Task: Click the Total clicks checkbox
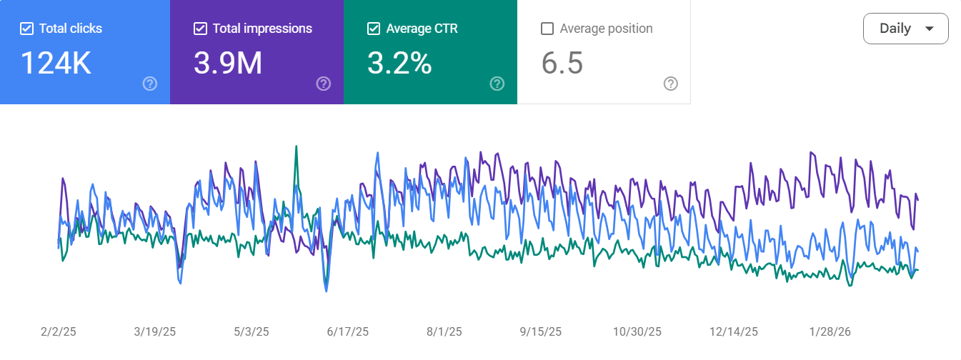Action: pos(26,29)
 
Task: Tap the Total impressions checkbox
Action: pos(201,29)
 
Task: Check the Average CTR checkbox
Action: pos(374,29)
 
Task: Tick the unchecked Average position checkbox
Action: pos(548,29)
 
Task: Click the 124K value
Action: pos(55,63)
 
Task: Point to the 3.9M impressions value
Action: pos(228,63)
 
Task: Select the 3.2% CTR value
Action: pos(399,63)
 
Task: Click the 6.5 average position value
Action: pos(562,63)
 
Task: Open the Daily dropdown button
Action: pos(905,29)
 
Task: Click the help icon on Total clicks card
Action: pos(149,84)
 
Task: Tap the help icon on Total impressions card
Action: pos(324,84)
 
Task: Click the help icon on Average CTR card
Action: pos(497,84)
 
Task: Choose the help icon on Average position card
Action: pos(670,84)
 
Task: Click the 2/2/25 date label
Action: pos(58,332)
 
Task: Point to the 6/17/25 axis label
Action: pos(348,332)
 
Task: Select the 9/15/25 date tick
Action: pos(541,332)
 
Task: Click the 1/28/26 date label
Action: pos(830,332)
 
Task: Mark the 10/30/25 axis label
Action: pos(637,332)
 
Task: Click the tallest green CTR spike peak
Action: pos(296,147)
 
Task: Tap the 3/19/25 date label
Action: pos(154,332)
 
